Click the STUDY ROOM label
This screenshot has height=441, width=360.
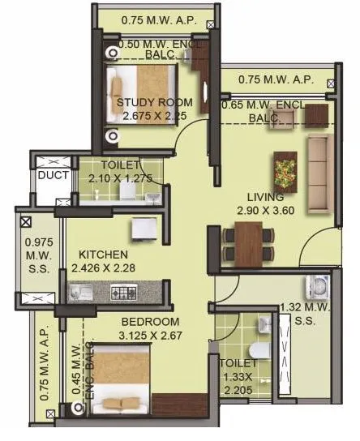coord(154,102)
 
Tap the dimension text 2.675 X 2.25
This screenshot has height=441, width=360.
coord(154,116)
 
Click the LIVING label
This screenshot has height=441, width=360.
coord(265,197)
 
